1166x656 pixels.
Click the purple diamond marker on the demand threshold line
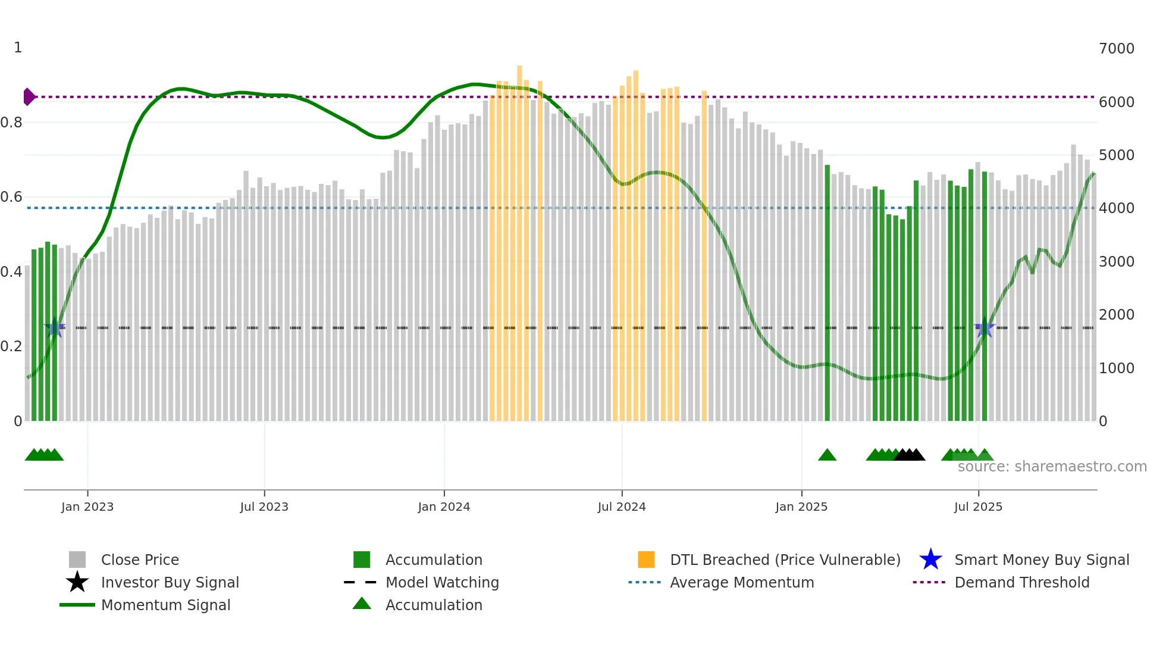[29, 96]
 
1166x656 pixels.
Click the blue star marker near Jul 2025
[985, 328]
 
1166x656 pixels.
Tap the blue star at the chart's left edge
[55, 328]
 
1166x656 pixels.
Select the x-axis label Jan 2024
[444, 507]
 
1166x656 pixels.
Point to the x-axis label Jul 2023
[264, 507]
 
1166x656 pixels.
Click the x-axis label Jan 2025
[801, 507]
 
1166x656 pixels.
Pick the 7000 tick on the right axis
[1117, 49]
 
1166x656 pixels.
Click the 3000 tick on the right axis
[1117, 261]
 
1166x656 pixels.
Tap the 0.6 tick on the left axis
[12, 197]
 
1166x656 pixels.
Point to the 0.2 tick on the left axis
[12, 346]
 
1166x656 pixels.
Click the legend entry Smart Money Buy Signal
[1041, 560]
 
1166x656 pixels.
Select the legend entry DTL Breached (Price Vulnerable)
[785, 560]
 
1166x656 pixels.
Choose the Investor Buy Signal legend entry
[170, 582]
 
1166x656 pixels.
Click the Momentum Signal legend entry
[165, 605]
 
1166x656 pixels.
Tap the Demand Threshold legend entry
[1021, 582]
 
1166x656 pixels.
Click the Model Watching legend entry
[442, 582]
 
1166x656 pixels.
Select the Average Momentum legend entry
[741, 582]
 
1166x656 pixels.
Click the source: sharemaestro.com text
[1052, 467]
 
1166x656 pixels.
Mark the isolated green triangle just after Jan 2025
[827, 455]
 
